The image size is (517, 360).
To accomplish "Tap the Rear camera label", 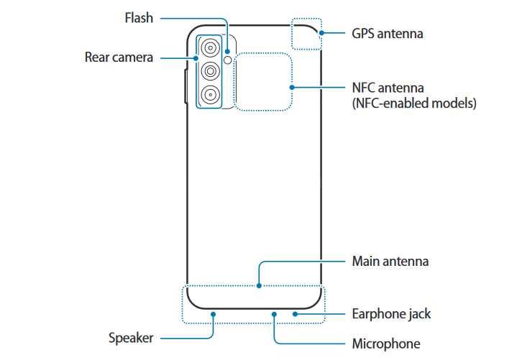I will (119, 57).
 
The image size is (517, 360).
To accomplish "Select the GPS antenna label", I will (387, 33).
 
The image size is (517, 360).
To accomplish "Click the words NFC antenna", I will (388, 87).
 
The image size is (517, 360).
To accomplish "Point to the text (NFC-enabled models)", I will (413, 103).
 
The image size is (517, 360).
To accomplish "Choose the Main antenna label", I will (390, 261).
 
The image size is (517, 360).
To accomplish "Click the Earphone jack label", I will (391, 314).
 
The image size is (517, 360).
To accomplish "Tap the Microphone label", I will (385, 343).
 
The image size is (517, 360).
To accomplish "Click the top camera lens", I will (210, 48).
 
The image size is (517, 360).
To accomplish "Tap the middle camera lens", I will (210, 70).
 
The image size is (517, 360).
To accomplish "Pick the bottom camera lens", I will (210, 93).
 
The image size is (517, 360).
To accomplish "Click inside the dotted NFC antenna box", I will (263, 81).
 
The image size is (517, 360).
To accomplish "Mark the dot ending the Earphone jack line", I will (295, 313).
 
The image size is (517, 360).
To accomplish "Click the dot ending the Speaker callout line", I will (213, 313).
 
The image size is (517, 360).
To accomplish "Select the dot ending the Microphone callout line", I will (275, 313).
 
